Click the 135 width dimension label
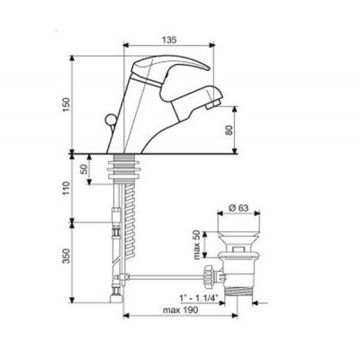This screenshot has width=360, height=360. click(169, 40)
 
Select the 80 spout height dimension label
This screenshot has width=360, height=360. click(229, 130)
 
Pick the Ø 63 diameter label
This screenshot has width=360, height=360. click(238, 208)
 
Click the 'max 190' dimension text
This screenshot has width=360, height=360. click(180, 310)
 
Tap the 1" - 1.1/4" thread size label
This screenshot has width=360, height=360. click(199, 298)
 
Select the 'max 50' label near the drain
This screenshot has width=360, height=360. click(197, 245)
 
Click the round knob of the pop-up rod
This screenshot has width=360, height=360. click(109, 119)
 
